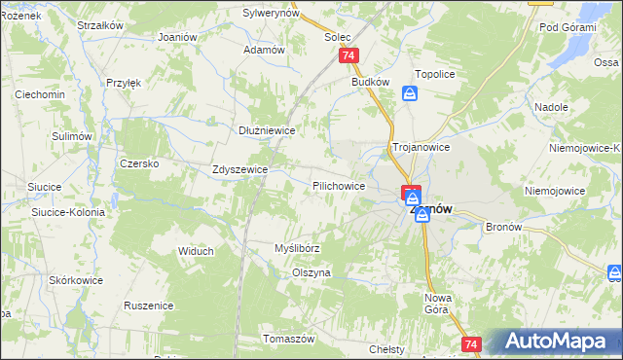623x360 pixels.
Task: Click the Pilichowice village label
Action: [339, 185]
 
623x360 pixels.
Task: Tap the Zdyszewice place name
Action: [239, 168]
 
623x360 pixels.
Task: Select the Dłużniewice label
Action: [267, 129]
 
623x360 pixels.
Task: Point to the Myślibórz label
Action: [297, 248]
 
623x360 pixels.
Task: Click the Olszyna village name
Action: [311, 272]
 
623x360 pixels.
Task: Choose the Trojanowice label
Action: [421, 147]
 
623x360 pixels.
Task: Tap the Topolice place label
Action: [435, 73]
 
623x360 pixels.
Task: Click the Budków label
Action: [371, 82]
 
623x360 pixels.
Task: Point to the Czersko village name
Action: [139, 163]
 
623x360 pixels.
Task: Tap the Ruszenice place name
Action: [149, 305]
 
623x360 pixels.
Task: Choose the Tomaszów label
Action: [289, 339]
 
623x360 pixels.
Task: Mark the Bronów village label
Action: [503, 226]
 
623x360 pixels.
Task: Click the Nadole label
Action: [552, 107]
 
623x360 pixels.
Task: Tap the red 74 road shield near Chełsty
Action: [472, 344]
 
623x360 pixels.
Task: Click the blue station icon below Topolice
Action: [410, 94]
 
